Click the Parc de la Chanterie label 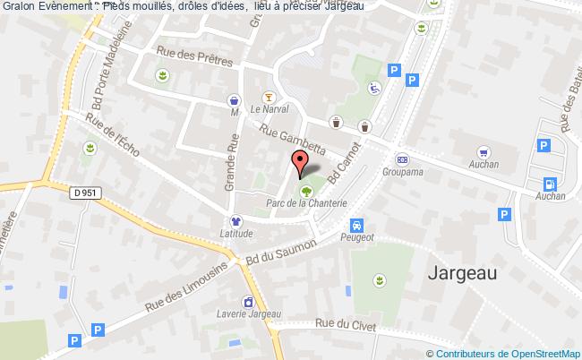click(x=307, y=204)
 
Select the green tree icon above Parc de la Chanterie click(x=307, y=190)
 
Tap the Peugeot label click(x=357, y=238)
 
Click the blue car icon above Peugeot click(x=357, y=224)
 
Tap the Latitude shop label click(x=236, y=234)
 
